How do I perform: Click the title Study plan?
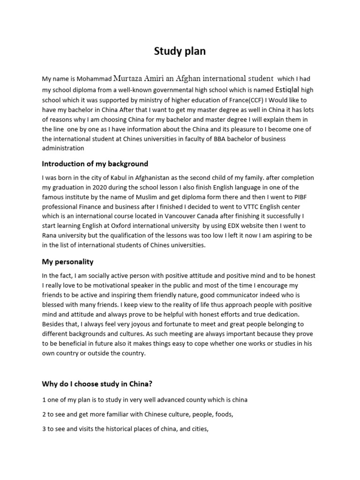pos(180,51)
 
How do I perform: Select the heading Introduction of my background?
pos(95,164)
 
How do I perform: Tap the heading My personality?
pos(67,262)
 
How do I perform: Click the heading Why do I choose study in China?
pos(97,384)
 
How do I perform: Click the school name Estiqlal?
pos(287,89)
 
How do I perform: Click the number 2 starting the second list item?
pos(44,414)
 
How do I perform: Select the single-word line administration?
pos(63,149)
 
